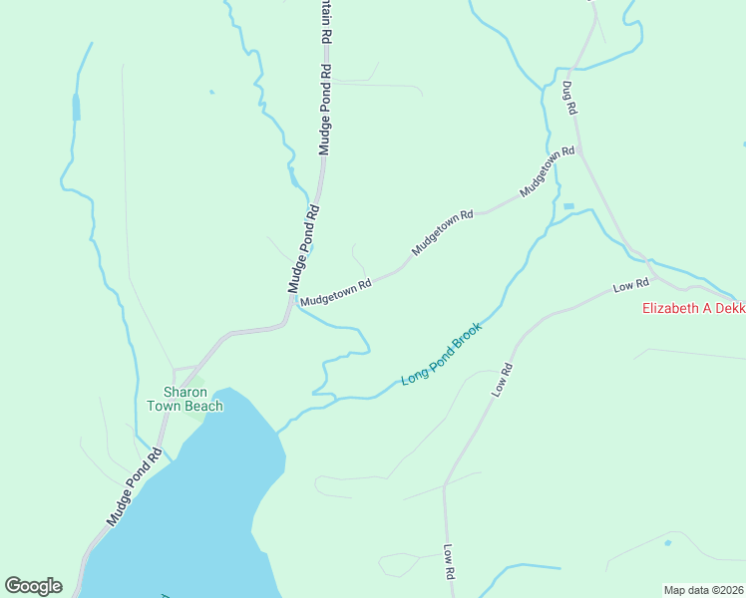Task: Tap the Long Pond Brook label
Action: coord(442,354)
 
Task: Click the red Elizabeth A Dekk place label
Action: coord(692,308)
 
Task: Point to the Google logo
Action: coord(33,586)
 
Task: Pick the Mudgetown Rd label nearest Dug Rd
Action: coord(548,172)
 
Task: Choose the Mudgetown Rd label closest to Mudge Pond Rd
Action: coord(335,291)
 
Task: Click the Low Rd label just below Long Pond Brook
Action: coord(502,381)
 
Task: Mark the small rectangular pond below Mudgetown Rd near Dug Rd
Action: coord(568,206)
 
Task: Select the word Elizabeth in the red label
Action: coord(671,308)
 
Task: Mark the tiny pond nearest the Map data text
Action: coord(667,543)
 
